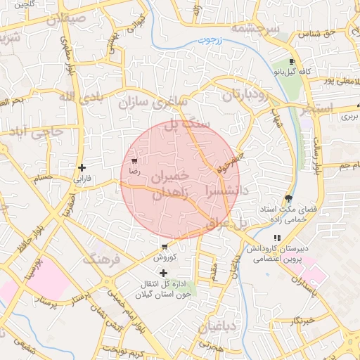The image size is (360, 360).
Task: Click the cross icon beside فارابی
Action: (x=83, y=167)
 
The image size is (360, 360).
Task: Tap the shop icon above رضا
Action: (x=134, y=161)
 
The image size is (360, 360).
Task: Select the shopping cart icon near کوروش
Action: (x=164, y=247)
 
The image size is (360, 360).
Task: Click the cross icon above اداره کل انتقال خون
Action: (x=164, y=273)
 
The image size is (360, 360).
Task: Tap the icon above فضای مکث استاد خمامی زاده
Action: (x=288, y=198)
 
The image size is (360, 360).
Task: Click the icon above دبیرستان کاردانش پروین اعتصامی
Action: (x=278, y=238)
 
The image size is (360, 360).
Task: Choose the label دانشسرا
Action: (x=226, y=190)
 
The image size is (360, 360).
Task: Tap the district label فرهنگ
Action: (x=103, y=259)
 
